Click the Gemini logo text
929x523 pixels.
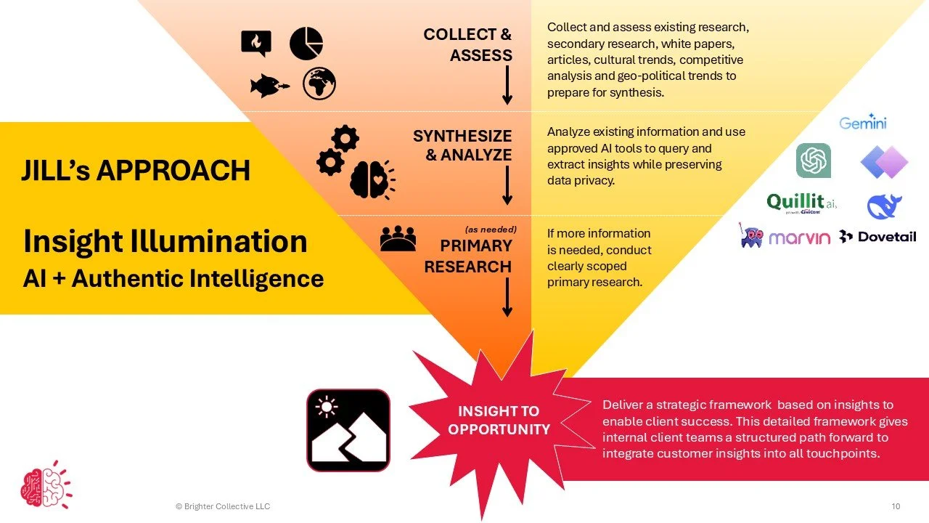(x=862, y=121)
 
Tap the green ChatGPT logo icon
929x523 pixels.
(x=814, y=161)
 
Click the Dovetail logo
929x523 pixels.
(x=877, y=236)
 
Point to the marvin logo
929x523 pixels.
(x=785, y=236)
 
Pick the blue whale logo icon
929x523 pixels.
(x=884, y=206)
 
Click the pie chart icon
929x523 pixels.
(x=306, y=44)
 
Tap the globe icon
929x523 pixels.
(x=319, y=84)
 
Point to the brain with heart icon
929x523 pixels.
(x=373, y=179)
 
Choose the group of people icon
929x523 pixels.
(x=398, y=238)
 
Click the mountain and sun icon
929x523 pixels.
(x=348, y=430)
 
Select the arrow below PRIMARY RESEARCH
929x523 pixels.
(x=507, y=297)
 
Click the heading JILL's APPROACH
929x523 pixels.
(x=136, y=171)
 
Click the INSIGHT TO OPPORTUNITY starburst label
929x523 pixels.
(x=499, y=421)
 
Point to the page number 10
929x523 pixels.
(x=895, y=506)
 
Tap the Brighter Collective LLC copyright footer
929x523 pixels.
(x=223, y=506)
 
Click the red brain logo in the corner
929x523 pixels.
(x=45, y=484)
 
